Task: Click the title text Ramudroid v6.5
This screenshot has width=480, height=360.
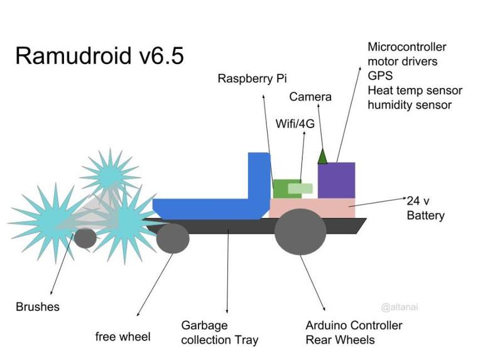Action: click(x=99, y=55)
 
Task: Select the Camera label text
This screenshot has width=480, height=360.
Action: click(x=310, y=97)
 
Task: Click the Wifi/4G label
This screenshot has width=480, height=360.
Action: click(x=295, y=123)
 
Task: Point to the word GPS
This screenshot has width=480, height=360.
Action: click(x=380, y=76)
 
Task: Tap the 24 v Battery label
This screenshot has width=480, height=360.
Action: click(x=425, y=209)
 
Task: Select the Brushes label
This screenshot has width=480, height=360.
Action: click(x=38, y=307)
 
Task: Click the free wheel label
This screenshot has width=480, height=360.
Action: click(x=123, y=337)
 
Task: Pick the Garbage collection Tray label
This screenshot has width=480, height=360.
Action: click(x=219, y=333)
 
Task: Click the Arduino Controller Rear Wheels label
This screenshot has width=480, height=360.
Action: click(x=353, y=333)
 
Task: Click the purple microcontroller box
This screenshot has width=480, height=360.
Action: click(x=336, y=180)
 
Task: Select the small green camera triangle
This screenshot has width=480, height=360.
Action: click(x=322, y=156)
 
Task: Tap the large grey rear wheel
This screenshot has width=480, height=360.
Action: click(x=300, y=231)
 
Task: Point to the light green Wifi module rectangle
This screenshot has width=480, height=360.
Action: click(x=300, y=188)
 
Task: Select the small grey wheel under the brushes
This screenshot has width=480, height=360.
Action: click(x=85, y=238)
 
